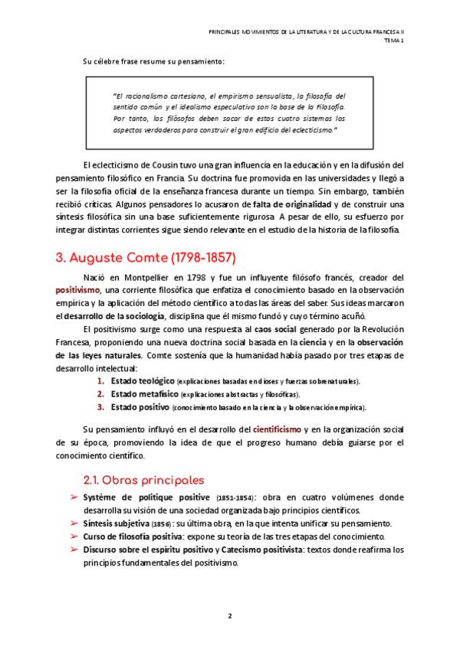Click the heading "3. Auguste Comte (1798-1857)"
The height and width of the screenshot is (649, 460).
click(x=146, y=257)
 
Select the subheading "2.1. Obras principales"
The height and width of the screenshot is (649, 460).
click(x=143, y=481)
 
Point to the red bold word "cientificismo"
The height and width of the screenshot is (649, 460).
click(x=279, y=430)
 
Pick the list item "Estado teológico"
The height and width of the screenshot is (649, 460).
click(x=142, y=380)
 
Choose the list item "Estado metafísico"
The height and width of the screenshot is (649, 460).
click(x=143, y=393)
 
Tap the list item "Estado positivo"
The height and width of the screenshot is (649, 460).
click(x=140, y=406)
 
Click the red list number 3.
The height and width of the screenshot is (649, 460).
click(x=100, y=406)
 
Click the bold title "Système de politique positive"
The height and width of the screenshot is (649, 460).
click(x=146, y=498)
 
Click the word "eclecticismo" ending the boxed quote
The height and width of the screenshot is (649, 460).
click(x=307, y=130)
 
